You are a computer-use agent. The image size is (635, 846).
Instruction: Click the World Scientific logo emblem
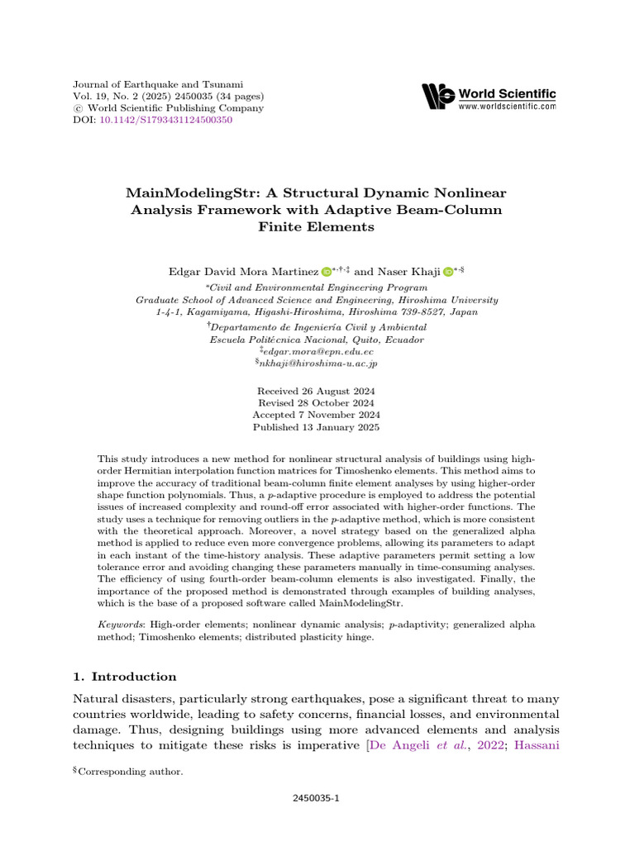437,97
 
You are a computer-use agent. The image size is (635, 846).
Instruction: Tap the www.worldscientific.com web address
507,107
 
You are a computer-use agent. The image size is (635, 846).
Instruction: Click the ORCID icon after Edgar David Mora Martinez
326,271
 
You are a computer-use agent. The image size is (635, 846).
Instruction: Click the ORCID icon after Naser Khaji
448,271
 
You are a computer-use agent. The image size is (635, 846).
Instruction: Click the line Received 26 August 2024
317,391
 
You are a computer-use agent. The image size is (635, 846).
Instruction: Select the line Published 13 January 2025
317,427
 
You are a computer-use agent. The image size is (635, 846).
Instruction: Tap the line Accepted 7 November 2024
317,415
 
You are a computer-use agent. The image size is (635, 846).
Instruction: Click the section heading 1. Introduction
125,676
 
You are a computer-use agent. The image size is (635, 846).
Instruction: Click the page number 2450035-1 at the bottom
317,800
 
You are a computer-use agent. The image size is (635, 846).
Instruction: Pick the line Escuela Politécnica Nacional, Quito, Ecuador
317,340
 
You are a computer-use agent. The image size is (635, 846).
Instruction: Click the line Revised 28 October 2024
317,403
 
